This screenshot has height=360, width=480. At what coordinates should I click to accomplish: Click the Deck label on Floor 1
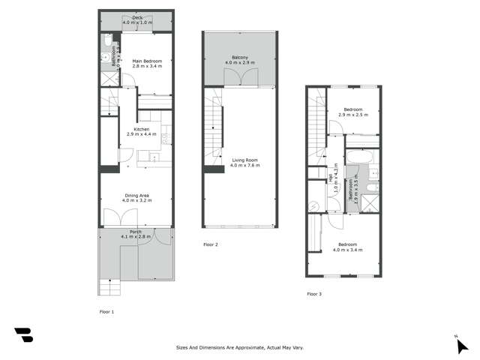[x=137, y=20]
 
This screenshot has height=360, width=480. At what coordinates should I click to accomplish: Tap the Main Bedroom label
[x=147, y=64]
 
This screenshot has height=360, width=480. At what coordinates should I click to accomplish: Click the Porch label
[x=137, y=234]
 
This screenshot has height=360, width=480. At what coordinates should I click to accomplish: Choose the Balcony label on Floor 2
[x=240, y=60]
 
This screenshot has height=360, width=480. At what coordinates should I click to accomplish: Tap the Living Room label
[x=245, y=163]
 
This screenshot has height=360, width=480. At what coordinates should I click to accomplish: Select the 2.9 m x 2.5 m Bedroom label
[x=352, y=111]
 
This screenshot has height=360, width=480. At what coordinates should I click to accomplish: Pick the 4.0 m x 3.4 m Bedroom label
[x=349, y=247]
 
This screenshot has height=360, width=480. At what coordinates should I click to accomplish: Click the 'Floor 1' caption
[x=106, y=310]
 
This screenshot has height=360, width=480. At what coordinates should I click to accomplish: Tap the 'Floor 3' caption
[x=314, y=294]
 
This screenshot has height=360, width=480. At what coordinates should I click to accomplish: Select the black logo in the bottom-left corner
[x=23, y=335]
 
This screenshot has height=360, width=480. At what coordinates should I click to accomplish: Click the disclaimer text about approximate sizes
[x=239, y=347]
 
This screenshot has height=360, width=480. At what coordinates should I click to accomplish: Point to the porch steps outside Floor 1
[x=109, y=286]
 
